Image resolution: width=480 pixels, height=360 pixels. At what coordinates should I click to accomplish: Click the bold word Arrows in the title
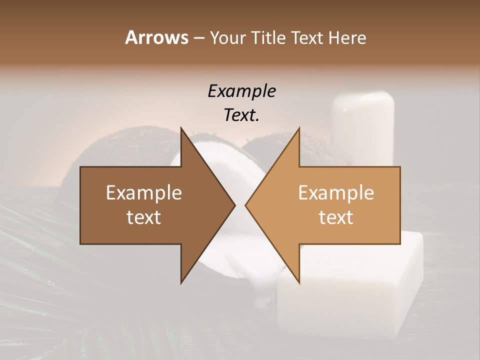pos(156,37)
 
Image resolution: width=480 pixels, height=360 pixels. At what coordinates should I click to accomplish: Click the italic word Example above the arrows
pos(242,91)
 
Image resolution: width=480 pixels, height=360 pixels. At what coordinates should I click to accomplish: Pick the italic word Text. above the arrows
pos(242,115)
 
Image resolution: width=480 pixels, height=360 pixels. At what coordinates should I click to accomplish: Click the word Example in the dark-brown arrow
pos(143,193)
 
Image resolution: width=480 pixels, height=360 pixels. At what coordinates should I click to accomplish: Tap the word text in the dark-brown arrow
pos(143,217)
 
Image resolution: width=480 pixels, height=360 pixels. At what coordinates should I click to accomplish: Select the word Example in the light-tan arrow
pos(336,193)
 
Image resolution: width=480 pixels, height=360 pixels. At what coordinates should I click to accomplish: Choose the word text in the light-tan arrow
pos(336,217)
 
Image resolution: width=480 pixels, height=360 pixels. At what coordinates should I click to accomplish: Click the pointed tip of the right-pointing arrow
pos(235,205)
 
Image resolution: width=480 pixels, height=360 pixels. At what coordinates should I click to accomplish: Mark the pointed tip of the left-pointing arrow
pos(245,205)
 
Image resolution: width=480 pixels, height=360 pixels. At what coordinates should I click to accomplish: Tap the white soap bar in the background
pos(350,290)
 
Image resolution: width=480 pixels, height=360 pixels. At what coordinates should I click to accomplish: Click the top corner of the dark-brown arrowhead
pos(181,128)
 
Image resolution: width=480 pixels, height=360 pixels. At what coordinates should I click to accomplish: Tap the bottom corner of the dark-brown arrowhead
pos(181,283)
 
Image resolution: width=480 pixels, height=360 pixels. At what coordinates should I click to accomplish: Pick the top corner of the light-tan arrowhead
pos(299,128)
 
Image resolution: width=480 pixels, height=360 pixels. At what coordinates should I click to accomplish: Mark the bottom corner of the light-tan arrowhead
pos(299,283)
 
